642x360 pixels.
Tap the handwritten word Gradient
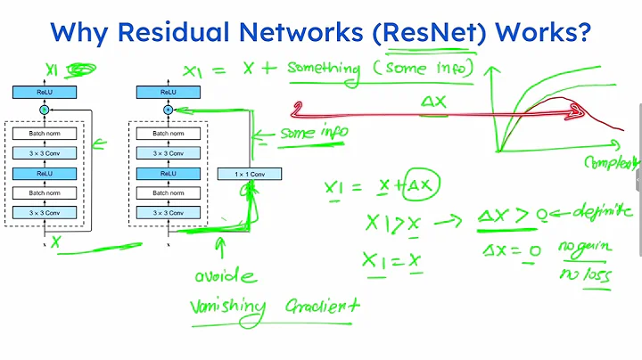[x=318, y=306]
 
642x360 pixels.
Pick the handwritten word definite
[x=601, y=213]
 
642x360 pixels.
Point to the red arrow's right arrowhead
[x=575, y=113]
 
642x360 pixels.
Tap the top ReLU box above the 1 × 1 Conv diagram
[x=167, y=92]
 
